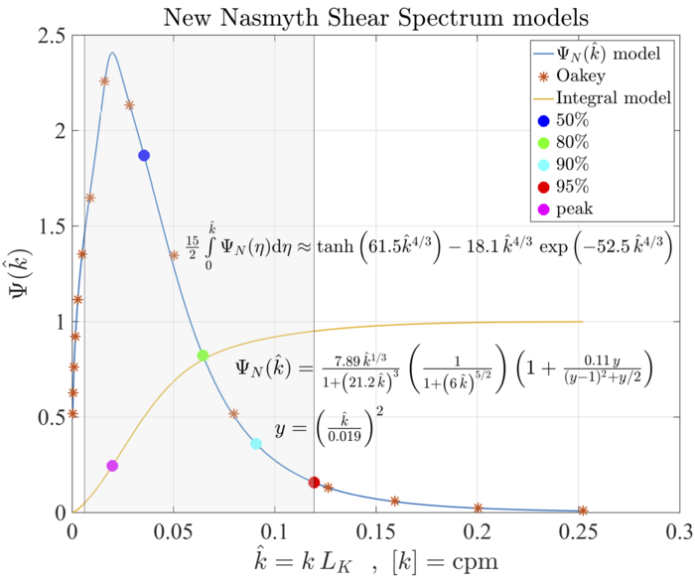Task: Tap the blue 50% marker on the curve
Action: click(144, 155)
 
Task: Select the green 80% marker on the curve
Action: click(203, 356)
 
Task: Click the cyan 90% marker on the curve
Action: click(255, 443)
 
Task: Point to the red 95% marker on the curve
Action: click(315, 483)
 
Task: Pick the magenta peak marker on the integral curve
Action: click(112, 466)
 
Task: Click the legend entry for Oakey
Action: click(580, 75)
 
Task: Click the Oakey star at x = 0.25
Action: click(583, 509)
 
